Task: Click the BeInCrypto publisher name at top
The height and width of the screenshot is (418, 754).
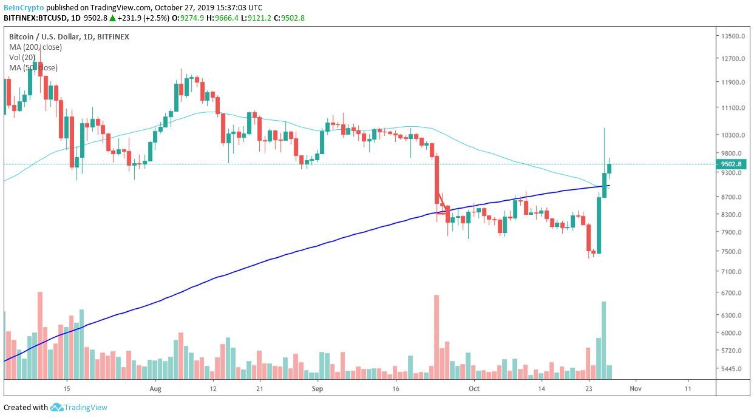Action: pos(24,8)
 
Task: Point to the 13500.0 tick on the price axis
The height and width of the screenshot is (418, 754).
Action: pos(733,36)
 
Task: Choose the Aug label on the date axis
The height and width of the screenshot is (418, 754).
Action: pos(155,388)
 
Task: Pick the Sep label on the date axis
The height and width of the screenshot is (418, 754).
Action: pos(319,388)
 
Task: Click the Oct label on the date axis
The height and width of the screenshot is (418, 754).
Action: pos(474,388)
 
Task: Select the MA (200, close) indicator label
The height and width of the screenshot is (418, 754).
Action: pos(35,47)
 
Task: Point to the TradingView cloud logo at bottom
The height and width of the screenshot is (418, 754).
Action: pos(57,408)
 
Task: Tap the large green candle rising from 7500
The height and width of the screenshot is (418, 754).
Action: pos(599,225)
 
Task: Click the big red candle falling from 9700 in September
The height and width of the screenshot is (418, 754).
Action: pos(436,180)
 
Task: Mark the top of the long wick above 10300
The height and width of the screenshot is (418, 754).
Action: pos(604,129)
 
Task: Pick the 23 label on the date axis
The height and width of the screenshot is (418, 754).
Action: pos(588,388)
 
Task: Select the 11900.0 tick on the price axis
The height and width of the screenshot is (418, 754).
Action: pos(733,83)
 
